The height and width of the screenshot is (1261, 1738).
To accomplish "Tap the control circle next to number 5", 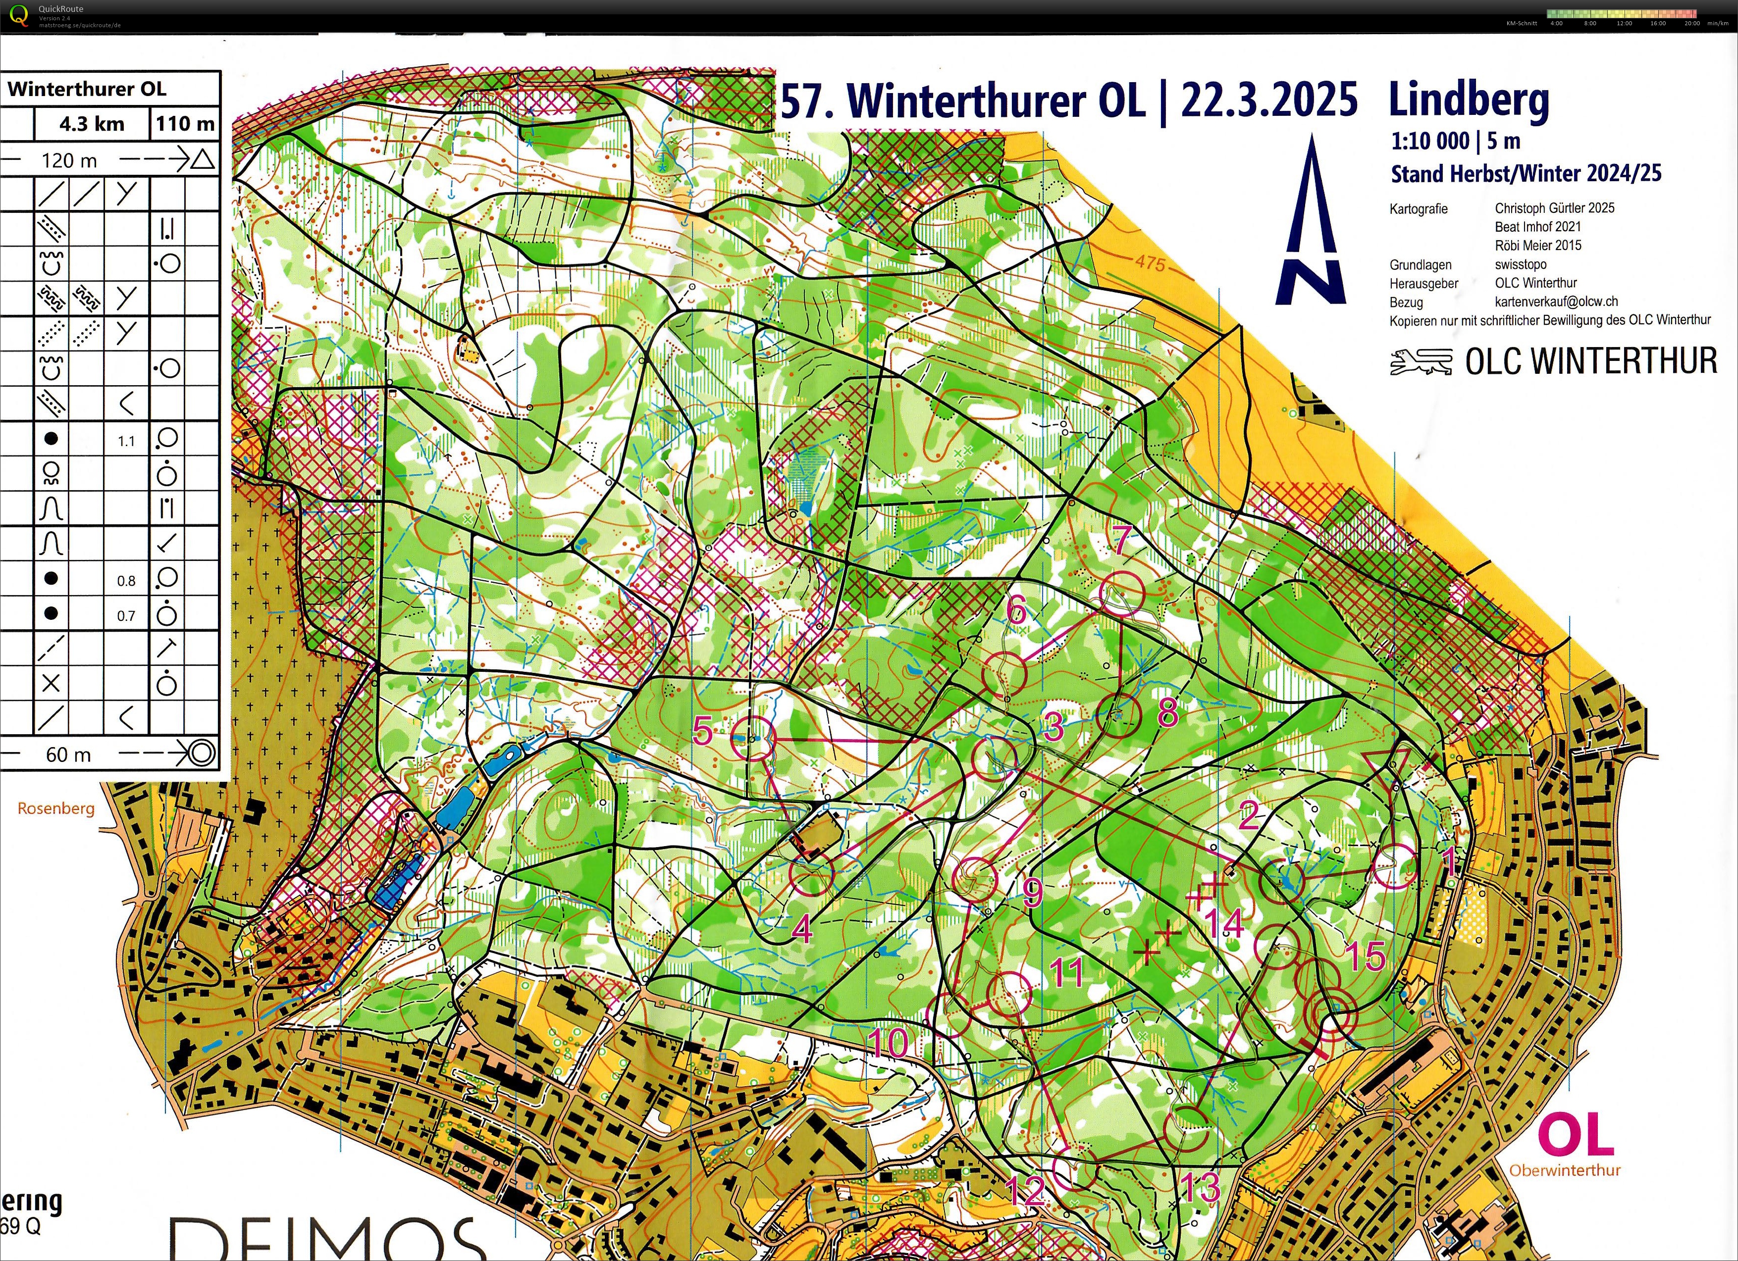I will tap(752, 738).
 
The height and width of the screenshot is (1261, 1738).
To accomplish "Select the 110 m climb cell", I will tap(185, 123).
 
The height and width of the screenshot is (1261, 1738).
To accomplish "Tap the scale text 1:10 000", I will tap(1430, 142).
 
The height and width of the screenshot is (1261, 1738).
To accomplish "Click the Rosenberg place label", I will tap(56, 808).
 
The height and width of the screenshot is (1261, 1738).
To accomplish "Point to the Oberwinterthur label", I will tap(1565, 1170).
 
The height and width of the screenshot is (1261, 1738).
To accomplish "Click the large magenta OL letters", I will tap(1575, 1135).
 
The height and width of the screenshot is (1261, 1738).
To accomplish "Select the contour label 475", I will tap(1150, 263).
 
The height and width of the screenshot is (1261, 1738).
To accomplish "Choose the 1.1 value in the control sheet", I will tap(126, 441).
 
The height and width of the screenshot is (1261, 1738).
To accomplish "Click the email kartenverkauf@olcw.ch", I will tap(1556, 302).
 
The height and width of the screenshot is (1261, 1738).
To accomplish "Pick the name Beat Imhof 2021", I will tap(1537, 227).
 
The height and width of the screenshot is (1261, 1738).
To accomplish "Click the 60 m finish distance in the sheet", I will tap(68, 755).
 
